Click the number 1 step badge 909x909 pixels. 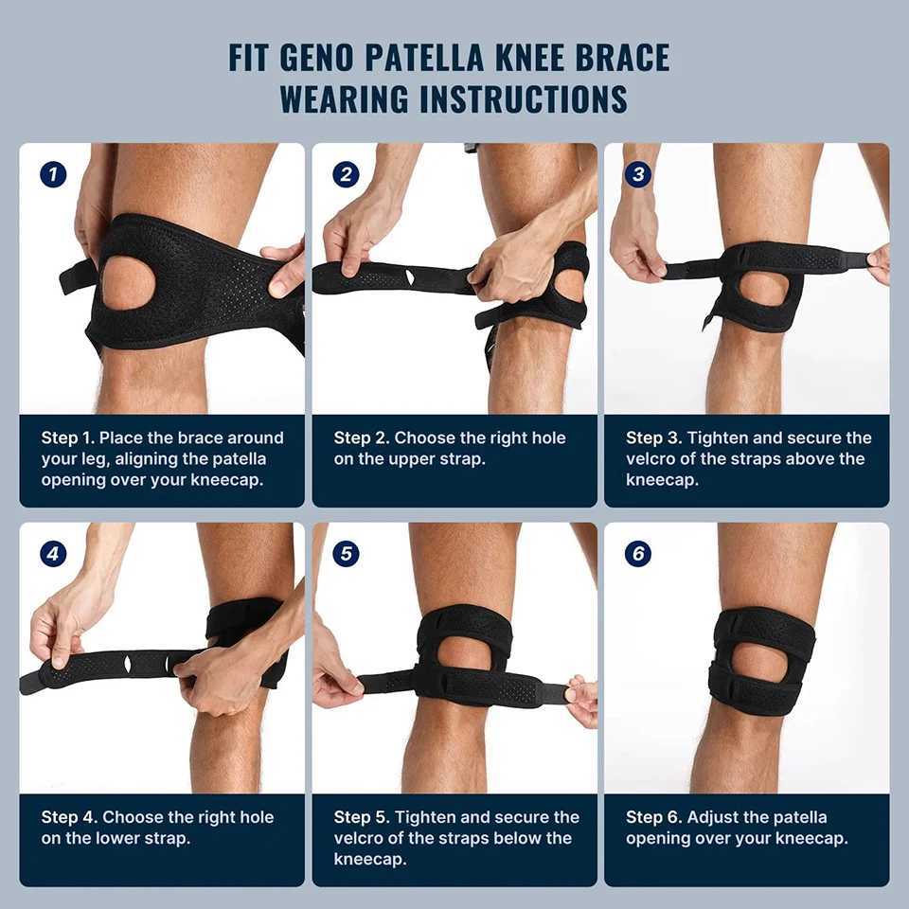[x=53, y=174]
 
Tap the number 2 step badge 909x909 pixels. [x=346, y=174]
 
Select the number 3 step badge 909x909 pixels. [x=638, y=174]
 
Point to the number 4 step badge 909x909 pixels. [x=53, y=554]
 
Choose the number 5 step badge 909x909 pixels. [x=346, y=554]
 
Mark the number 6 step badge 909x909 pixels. [x=638, y=554]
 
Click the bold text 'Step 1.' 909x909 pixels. [x=67, y=437]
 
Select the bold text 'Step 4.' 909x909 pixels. [x=69, y=817]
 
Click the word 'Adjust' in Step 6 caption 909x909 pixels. [x=713, y=817]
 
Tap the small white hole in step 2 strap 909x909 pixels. [x=410, y=276]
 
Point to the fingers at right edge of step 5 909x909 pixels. [x=581, y=700]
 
